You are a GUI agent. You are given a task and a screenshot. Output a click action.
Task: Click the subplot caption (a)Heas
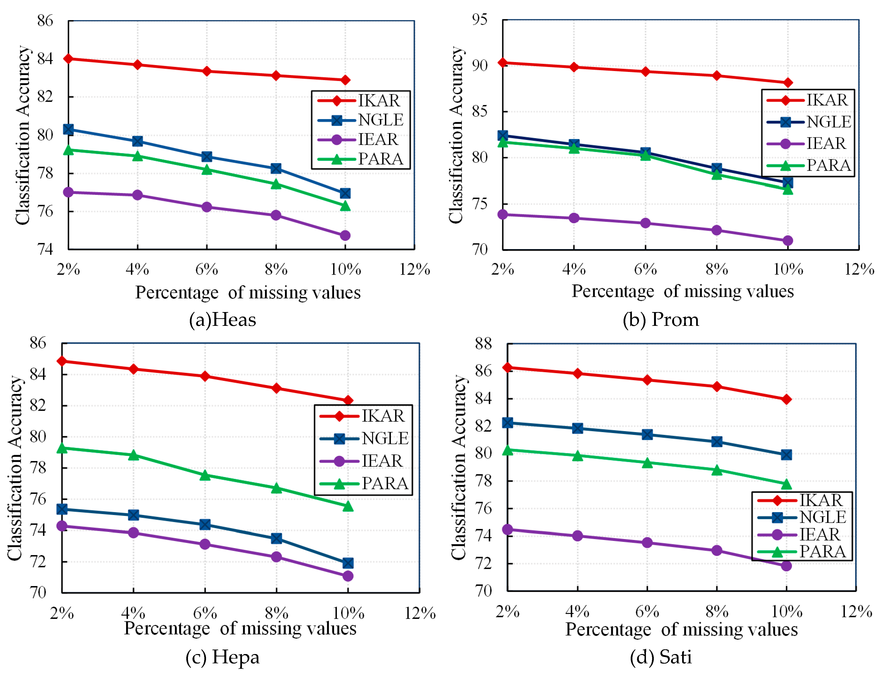point(222,320)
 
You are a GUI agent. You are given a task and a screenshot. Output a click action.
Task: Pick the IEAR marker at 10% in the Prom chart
point(788,241)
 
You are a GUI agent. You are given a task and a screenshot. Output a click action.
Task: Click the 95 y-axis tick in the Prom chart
point(479,19)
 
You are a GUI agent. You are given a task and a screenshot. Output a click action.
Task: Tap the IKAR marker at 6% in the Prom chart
point(645,72)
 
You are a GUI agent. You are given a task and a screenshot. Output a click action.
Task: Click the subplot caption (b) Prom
point(661,320)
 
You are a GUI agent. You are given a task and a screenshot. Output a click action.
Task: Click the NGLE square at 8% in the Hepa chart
point(276,538)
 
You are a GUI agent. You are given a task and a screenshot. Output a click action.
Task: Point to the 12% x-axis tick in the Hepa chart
point(420,613)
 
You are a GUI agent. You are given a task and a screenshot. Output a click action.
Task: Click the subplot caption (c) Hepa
point(222,657)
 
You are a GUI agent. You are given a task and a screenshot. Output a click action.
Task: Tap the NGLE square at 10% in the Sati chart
point(786,455)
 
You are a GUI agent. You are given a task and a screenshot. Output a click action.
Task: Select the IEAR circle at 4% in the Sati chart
point(577,536)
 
